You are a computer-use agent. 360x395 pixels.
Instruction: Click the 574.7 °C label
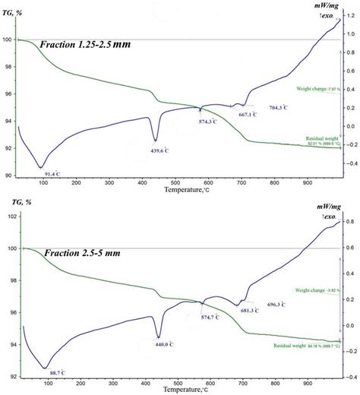pyautogui.click(x=204, y=318)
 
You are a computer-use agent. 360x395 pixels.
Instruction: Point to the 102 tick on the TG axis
pyautogui.click(x=10, y=216)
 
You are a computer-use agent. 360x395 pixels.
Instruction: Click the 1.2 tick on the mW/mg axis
pyautogui.click(x=351, y=16)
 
